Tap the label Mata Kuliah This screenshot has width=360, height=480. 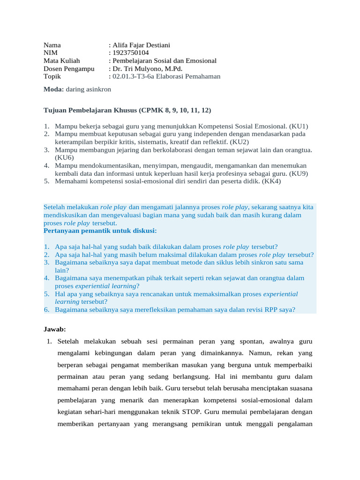point(62,61)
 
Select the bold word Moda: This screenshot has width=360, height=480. point(54,89)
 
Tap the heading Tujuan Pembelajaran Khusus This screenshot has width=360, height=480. point(90,110)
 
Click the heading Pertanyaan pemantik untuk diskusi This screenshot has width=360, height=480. point(100,231)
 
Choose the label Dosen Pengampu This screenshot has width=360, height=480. point(69,69)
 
